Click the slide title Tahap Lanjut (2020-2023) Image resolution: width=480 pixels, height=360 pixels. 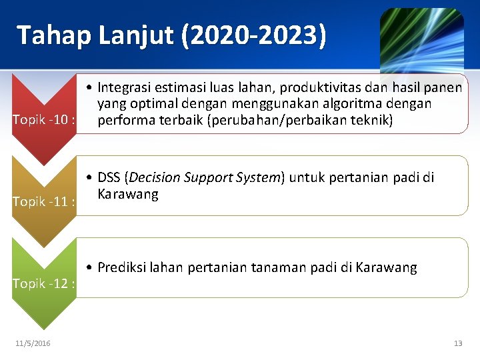pos(171,35)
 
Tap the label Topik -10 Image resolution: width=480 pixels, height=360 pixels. pos(44,120)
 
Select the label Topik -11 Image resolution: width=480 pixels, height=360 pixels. pos(44,201)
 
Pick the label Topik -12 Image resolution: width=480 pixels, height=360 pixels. pos(44,283)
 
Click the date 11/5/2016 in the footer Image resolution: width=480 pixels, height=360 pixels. pos(33,343)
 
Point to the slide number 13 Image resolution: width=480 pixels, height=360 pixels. pos(457,343)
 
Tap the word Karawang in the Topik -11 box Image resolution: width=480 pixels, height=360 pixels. pos(128,194)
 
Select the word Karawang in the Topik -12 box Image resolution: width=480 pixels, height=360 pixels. pos(387,267)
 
